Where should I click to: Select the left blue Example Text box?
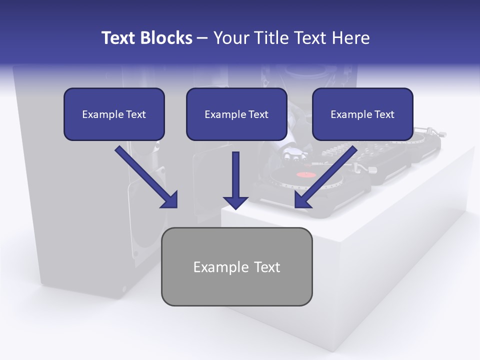[114, 114]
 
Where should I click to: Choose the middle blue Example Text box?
[236, 114]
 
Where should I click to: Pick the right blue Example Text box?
[362, 114]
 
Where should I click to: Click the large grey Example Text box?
[236, 266]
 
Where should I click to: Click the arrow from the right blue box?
[327, 175]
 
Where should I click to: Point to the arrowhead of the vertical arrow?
[235, 202]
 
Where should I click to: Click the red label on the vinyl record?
[306, 174]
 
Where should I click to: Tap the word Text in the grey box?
[267, 267]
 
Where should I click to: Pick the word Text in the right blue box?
[384, 114]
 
